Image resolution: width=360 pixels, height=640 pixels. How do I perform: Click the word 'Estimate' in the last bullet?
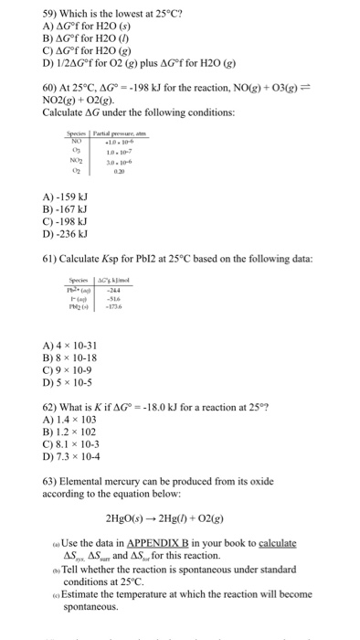pos(82,593)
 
